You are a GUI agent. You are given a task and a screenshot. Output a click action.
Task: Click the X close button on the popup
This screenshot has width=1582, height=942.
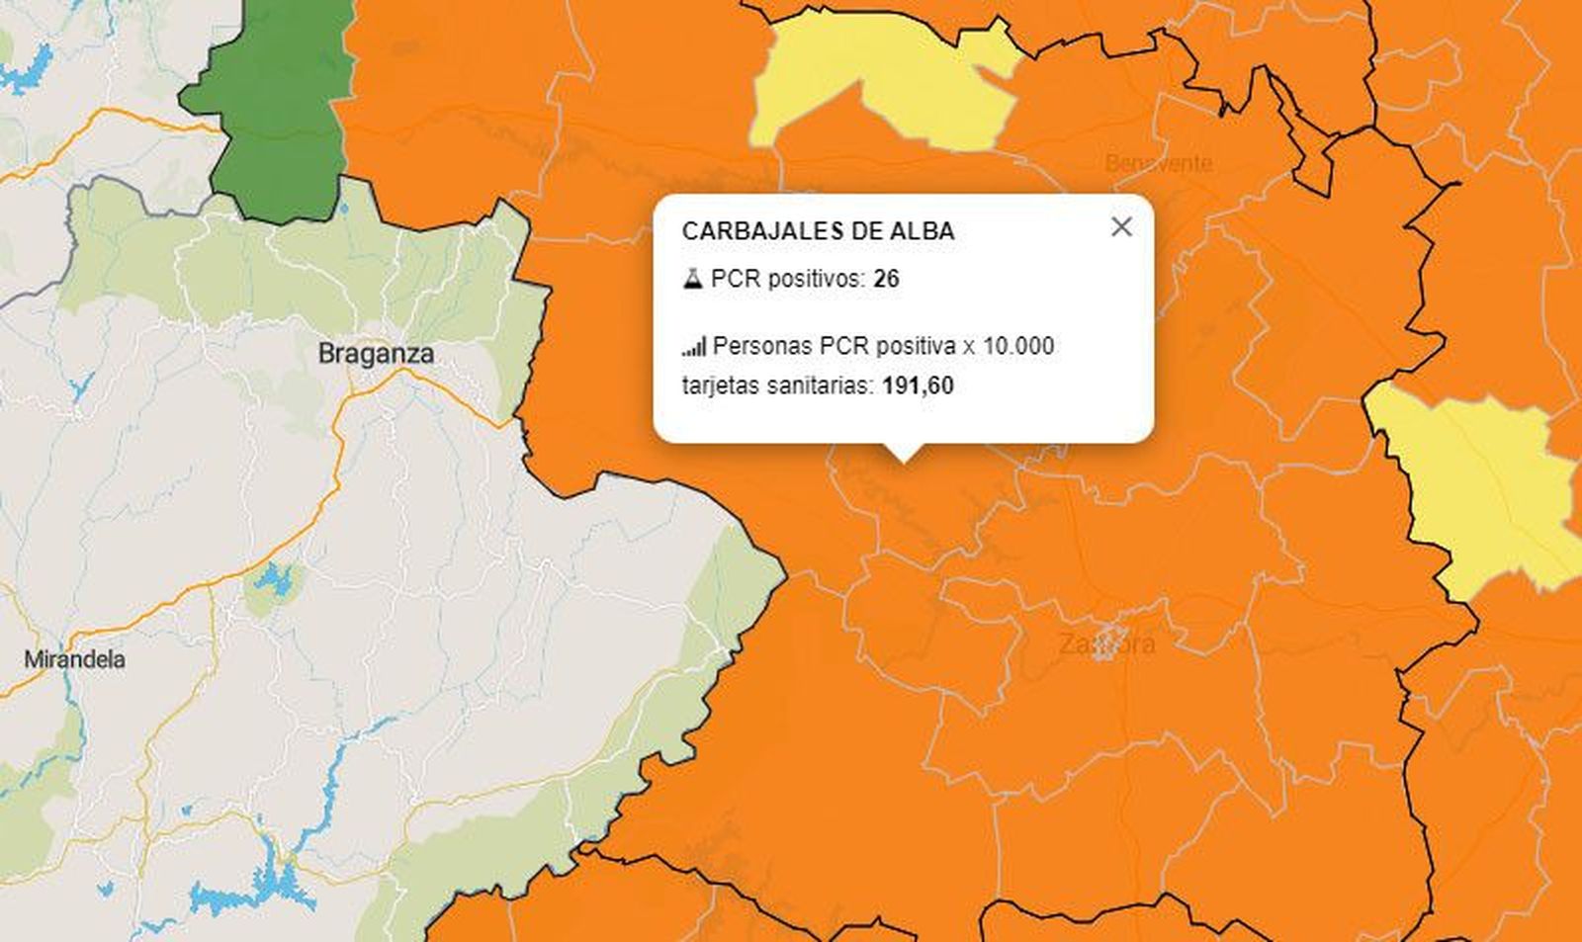coord(1121,227)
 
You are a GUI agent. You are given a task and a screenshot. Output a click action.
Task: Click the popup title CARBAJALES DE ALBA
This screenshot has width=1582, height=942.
coord(818,231)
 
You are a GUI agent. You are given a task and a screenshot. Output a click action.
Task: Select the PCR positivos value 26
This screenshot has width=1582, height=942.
coord(886,279)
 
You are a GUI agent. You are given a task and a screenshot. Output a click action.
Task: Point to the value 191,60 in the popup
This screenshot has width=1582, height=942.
coord(918,385)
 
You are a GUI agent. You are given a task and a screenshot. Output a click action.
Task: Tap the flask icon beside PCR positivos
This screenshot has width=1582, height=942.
coord(692,279)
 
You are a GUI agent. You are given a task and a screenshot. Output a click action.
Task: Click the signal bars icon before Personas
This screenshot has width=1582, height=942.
coord(694,346)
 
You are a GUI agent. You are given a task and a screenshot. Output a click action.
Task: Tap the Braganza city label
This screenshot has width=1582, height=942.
coord(376,354)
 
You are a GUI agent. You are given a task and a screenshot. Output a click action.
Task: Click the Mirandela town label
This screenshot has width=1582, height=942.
coord(74,659)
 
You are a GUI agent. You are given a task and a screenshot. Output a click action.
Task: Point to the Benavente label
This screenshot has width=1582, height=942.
coord(1158,163)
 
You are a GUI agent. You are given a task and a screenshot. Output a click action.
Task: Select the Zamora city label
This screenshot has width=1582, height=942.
coord(1106,644)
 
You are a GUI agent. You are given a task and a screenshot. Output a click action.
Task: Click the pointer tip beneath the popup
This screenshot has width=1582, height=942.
coord(902,458)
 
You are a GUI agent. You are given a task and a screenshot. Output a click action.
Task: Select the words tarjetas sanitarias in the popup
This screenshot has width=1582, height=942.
coord(776,385)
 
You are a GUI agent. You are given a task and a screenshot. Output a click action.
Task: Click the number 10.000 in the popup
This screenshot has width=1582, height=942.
coord(1018,346)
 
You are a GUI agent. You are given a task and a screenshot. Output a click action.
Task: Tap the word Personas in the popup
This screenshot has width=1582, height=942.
coord(762,346)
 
